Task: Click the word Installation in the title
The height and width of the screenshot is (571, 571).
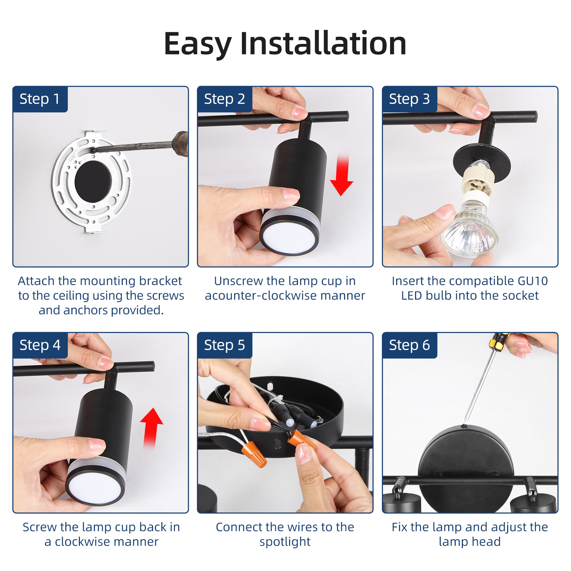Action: (x=323, y=44)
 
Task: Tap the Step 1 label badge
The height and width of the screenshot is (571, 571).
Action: (x=40, y=99)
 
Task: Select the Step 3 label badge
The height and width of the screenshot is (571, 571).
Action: (x=410, y=99)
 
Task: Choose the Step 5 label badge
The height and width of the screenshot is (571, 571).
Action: (x=225, y=345)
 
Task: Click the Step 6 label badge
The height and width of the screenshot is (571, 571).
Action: (x=410, y=345)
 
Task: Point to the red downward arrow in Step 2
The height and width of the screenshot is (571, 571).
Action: (x=342, y=176)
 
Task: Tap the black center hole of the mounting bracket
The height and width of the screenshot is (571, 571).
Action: (x=93, y=181)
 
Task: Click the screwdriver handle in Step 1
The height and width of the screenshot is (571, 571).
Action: (x=180, y=144)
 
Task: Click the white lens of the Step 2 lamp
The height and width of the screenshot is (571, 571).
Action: (x=289, y=236)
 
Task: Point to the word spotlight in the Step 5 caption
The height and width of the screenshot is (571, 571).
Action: (x=285, y=542)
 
